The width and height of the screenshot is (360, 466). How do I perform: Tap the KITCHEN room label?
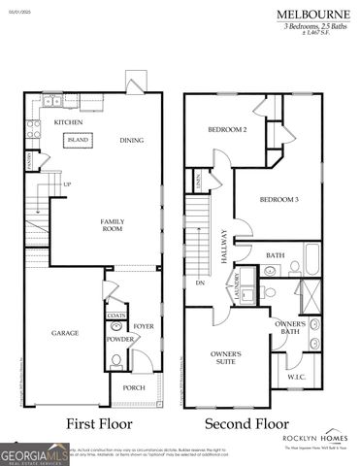click(67, 122)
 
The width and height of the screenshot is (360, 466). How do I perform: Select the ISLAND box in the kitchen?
click(78, 140)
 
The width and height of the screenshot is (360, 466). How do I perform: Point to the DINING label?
click(132, 140)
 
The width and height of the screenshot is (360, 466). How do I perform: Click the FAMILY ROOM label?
click(113, 225)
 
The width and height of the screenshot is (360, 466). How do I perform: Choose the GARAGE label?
click(65, 332)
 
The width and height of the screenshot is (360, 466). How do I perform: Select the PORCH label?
click(134, 386)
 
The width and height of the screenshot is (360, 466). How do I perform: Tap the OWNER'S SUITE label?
click(227, 360)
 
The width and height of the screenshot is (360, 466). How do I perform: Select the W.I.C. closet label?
click(296, 377)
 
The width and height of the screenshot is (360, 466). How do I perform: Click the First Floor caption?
click(97, 424)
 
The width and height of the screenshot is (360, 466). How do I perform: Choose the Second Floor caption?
click(246, 424)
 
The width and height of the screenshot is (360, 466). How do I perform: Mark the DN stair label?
click(199, 283)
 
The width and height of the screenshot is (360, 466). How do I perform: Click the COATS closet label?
click(116, 316)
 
